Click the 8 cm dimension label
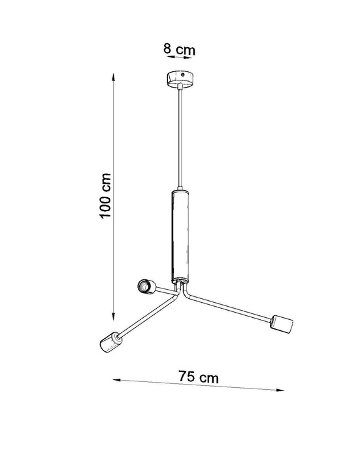(x=178, y=49)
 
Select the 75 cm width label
(x=199, y=377)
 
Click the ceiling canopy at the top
(x=178, y=80)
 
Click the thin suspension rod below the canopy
(x=178, y=137)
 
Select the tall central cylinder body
(x=178, y=235)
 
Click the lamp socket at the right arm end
(x=281, y=322)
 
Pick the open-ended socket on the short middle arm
(x=145, y=286)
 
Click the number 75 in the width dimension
(x=188, y=377)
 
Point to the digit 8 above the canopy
(x=167, y=49)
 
